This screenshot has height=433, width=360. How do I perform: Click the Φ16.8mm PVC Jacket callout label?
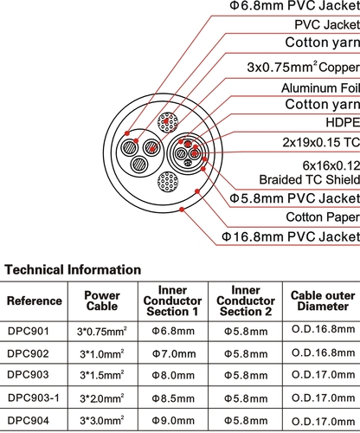tap(291, 236)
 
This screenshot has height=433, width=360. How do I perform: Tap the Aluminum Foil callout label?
tap(320, 88)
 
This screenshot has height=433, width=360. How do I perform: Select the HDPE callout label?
tap(343, 122)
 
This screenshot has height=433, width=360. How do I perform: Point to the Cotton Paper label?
tap(323, 217)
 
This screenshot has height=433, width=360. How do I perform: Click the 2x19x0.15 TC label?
tap(321, 142)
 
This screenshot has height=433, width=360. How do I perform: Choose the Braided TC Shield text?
tap(309, 179)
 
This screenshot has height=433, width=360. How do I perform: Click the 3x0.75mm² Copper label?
tap(304, 68)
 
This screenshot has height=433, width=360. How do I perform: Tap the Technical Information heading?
tap(73, 270)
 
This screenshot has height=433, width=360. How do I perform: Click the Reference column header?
tap(35, 301)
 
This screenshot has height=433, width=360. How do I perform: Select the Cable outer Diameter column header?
tap(323, 301)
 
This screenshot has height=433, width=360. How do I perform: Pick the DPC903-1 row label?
tap(34, 398)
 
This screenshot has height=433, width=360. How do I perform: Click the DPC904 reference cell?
tap(28, 421)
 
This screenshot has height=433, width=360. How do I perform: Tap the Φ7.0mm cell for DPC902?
tap(174, 354)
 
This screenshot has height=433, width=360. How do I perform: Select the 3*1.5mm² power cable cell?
tap(102, 375)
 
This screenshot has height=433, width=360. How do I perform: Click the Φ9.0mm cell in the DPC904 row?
tap(173, 421)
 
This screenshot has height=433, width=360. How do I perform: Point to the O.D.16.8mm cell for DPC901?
tap(323, 329)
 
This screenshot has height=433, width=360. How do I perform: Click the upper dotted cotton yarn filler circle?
tap(168, 122)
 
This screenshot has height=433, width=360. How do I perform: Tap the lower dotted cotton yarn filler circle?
tap(168, 182)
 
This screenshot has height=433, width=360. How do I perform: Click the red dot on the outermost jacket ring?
tap(182, 210)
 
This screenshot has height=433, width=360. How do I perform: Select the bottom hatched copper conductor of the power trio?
tap(139, 165)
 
